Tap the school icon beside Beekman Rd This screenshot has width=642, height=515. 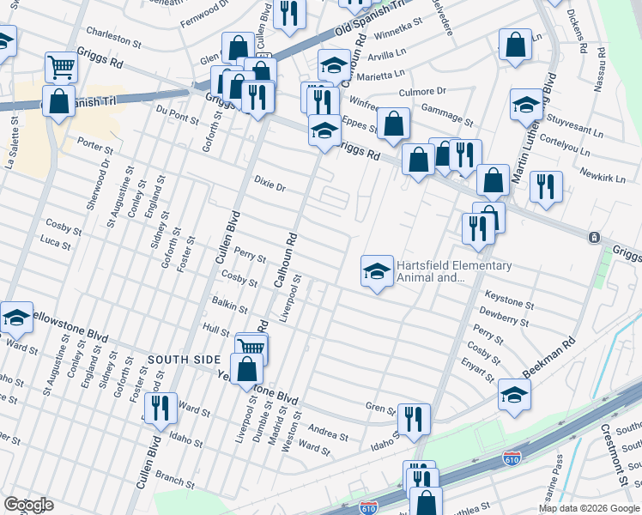pos(514,395)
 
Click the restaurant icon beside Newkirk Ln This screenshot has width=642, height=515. pos(546,186)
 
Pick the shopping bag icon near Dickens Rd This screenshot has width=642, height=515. pos(514,46)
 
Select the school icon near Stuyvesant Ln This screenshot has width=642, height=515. pos(526,106)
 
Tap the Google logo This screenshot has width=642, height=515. pos(27,505)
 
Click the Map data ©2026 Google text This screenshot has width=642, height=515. pos(588,507)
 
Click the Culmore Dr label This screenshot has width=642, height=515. pos(423,91)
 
